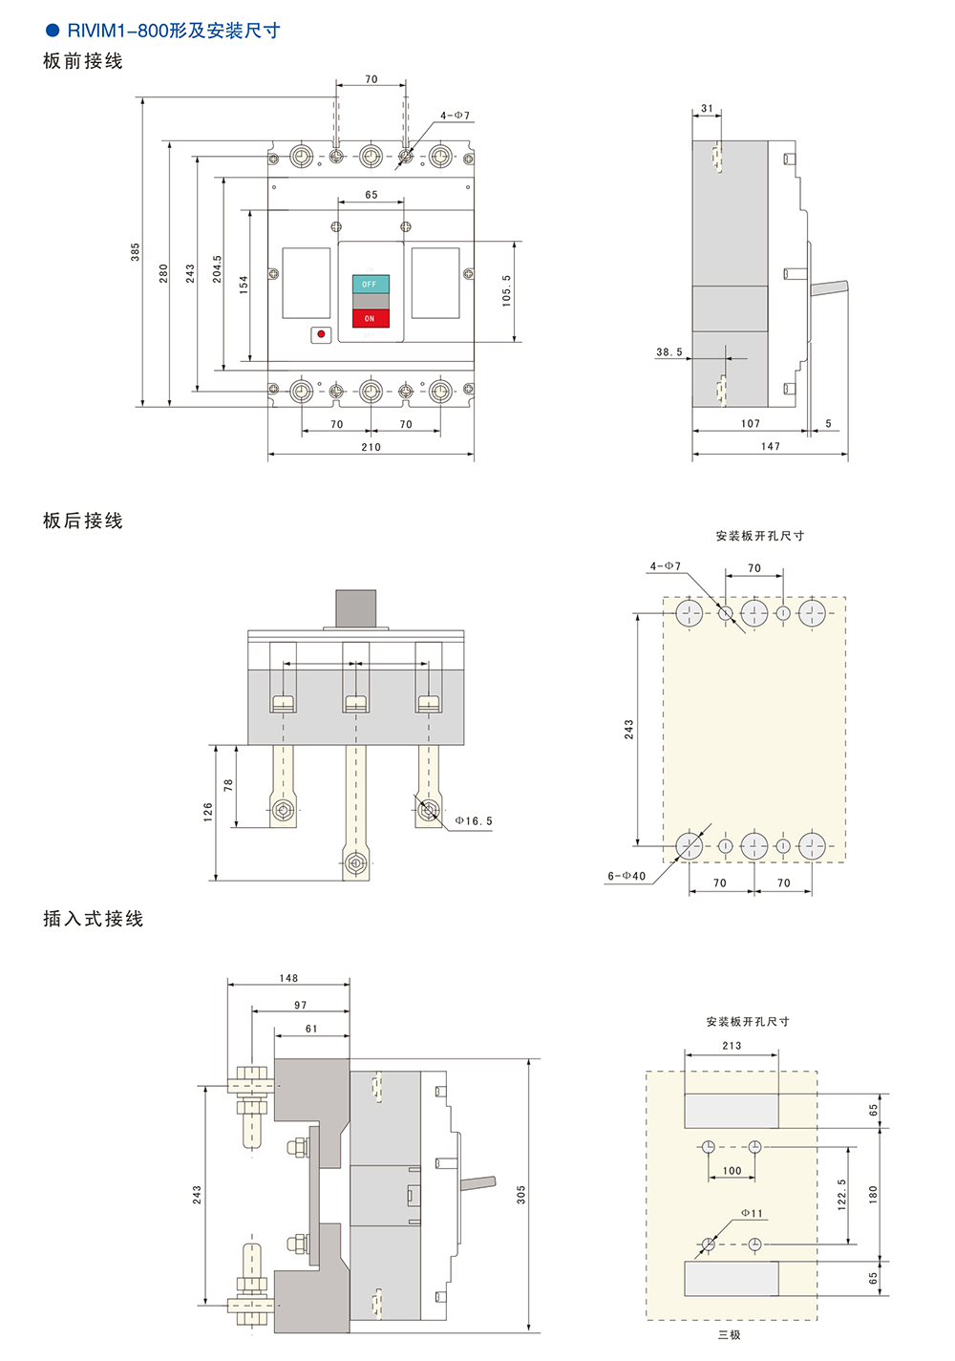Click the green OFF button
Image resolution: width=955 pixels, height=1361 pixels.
click(371, 284)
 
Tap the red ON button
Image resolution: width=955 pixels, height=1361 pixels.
click(371, 318)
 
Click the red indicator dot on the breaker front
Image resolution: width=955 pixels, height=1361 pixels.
click(321, 334)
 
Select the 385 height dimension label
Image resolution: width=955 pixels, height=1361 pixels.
click(136, 251)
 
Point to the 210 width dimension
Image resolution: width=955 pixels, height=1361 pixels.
click(371, 447)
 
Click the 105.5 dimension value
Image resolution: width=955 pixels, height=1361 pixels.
click(506, 290)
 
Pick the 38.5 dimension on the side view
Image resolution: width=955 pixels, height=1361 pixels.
click(669, 352)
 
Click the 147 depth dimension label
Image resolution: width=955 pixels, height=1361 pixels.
click(771, 446)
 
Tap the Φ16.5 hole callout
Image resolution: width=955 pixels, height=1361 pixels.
click(474, 821)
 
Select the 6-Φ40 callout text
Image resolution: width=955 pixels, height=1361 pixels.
click(626, 876)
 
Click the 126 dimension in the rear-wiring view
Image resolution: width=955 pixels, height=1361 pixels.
click(208, 813)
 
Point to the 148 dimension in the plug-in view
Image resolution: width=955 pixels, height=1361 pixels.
click(288, 978)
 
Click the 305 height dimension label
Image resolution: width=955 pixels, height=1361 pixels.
click(521, 1195)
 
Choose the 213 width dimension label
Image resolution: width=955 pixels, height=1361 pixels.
click(732, 1046)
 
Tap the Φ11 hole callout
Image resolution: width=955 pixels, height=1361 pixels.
click(753, 1214)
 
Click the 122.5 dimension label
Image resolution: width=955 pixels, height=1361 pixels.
click(841, 1195)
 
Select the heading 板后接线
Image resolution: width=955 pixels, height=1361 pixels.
click(83, 521)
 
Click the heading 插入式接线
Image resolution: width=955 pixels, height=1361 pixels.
click(93, 919)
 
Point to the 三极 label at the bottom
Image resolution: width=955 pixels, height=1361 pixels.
click(730, 1335)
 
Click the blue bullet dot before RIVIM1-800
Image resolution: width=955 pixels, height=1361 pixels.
click(53, 31)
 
